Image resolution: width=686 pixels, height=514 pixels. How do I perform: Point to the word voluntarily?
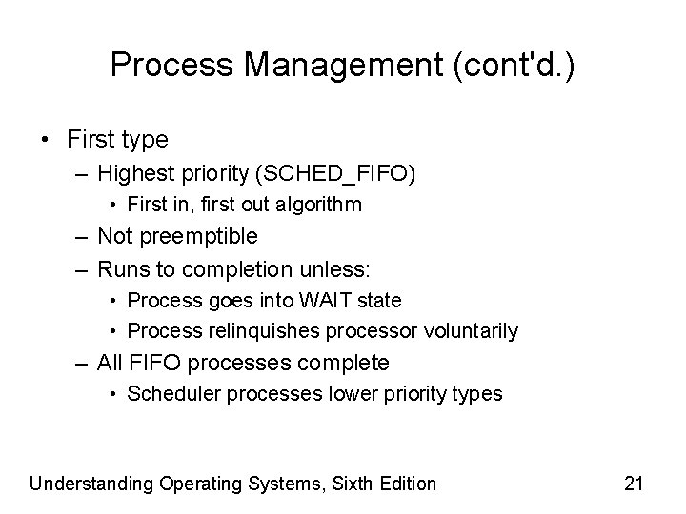click(x=471, y=331)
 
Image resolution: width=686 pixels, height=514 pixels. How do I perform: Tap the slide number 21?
click(x=633, y=484)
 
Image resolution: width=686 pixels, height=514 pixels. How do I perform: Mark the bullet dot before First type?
click(x=46, y=140)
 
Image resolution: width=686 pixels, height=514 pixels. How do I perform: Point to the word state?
click(x=379, y=300)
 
